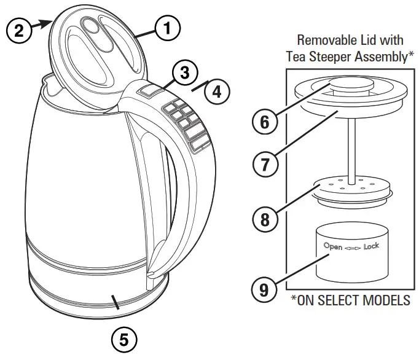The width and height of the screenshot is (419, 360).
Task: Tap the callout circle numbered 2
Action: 19,31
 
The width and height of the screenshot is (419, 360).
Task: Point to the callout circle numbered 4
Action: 216,92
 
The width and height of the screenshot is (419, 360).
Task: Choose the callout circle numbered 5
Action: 123,338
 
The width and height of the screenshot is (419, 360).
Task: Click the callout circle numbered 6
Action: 264,122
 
